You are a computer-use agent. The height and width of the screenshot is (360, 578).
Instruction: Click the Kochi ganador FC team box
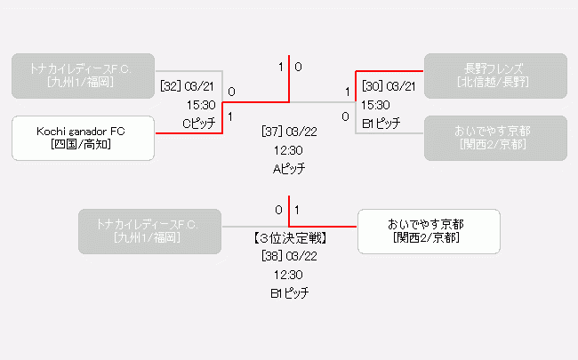pyautogui.click(x=83, y=138)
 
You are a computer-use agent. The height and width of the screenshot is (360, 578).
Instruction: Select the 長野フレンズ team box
pyautogui.click(x=494, y=76)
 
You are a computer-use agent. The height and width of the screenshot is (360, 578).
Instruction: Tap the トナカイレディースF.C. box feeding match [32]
pyautogui.click(x=83, y=76)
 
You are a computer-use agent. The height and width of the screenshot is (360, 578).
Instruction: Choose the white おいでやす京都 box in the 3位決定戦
pyautogui.click(x=428, y=231)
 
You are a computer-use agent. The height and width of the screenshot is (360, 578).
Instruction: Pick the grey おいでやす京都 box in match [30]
pyautogui.click(x=494, y=138)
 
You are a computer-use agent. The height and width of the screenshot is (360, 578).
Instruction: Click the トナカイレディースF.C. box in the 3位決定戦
pyautogui.click(x=149, y=231)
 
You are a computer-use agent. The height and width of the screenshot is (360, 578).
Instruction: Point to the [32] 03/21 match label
pyautogui.click(x=188, y=85)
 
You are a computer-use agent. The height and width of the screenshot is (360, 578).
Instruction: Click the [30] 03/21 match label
pyautogui.click(x=389, y=85)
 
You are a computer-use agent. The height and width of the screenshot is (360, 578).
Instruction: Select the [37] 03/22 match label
pyautogui.click(x=289, y=132)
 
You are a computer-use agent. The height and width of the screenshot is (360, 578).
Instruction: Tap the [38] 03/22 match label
pyautogui.click(x=289, y=256)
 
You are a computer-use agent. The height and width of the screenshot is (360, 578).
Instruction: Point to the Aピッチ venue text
pyautogui.click(x=289, y=168)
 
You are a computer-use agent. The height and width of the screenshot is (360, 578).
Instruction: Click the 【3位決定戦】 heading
pyautogui.click(x=289, y=237)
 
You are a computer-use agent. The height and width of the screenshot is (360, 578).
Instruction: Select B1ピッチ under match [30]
pyautogui.click(x=381, y=123)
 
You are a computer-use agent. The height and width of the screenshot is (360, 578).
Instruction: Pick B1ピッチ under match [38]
pyautogui.click(x=289, y=292)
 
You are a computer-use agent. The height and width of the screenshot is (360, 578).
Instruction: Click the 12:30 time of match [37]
pyautogui.click(x=289, y=150)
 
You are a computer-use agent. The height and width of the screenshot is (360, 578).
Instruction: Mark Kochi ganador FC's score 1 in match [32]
pyautogui.click(x=231, y=116)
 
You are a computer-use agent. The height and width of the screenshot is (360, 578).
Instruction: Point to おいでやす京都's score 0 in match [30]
pyautogui.click(x=346, y=116)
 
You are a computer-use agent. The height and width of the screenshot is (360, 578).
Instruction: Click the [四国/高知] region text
pyautogui.click(x=82, y=145)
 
